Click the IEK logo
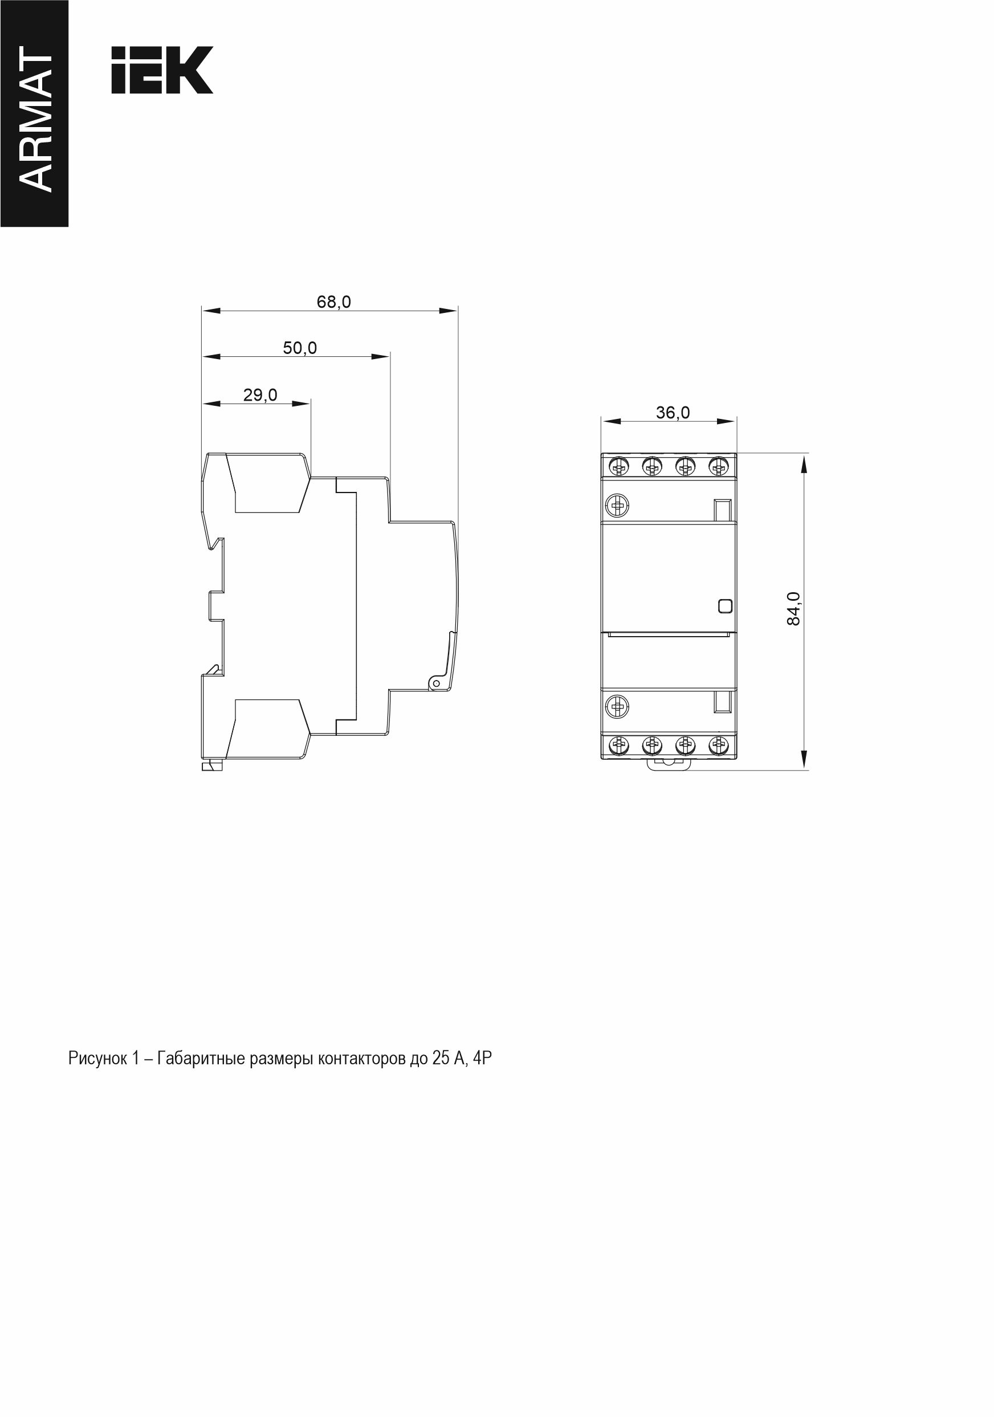[x=162, y=70]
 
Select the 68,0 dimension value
[x=334, y=302]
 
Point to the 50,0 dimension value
[x=300, y=348]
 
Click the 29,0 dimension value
[x=260, y=395]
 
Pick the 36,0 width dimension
[x=673, y=412]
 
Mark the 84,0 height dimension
[x=793, y=609]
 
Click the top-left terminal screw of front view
[x=619, y=467]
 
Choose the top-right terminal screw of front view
[x=717, y=467]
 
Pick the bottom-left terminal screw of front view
[x=619, y=746]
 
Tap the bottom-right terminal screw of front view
[x=717, y=746]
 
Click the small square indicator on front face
[x=726, y=606]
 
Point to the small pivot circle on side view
[x=435, y=683]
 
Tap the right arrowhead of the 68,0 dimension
[x=449, y=311]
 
